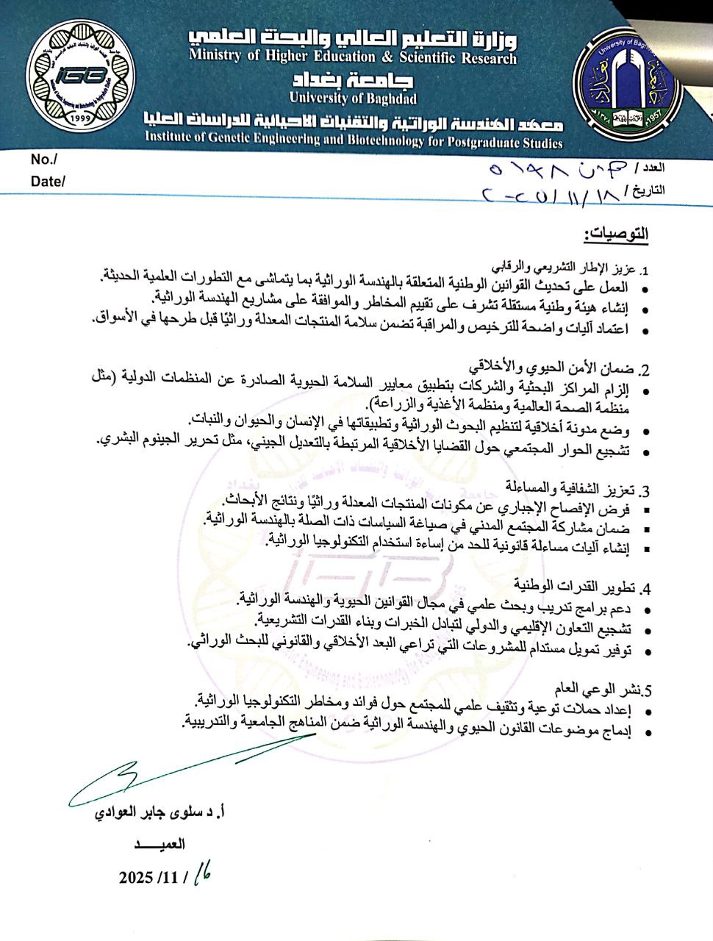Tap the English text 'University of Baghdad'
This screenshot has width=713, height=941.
tap(353, 98)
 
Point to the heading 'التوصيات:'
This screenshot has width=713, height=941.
tap(616, 235)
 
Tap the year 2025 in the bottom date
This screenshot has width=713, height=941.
tap(135, 878)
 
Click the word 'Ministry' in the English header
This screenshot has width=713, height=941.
tap(215, 57)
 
